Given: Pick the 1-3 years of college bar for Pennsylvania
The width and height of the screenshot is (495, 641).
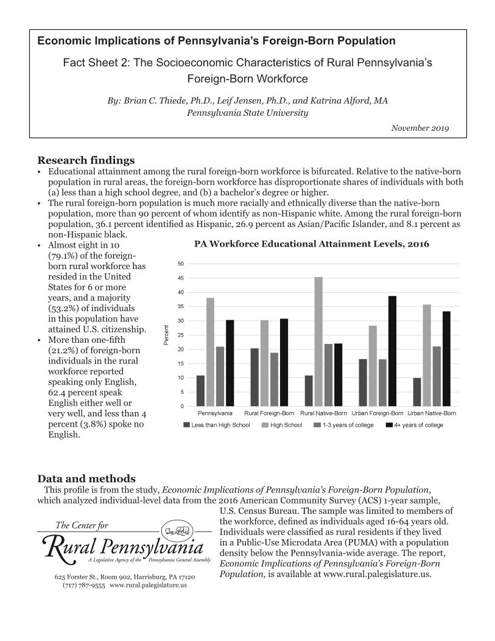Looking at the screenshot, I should [x=220, y=376].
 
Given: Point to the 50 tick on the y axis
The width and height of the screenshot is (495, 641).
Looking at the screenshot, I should [x=181, y=264].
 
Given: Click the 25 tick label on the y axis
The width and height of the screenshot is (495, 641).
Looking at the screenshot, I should [x=181, y=335].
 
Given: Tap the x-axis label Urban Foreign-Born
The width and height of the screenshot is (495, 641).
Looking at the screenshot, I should [x=377, y=413].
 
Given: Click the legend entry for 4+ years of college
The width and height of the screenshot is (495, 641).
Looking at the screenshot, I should [x=415, y=425].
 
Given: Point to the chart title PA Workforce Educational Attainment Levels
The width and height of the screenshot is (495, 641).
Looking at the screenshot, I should [x=311, y=244].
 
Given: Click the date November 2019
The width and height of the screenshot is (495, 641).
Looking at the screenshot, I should [x=420, y=128].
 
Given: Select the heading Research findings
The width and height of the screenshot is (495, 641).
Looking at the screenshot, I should [x=86, y=161].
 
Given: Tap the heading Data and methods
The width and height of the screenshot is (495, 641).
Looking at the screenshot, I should [x=86, y=478].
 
